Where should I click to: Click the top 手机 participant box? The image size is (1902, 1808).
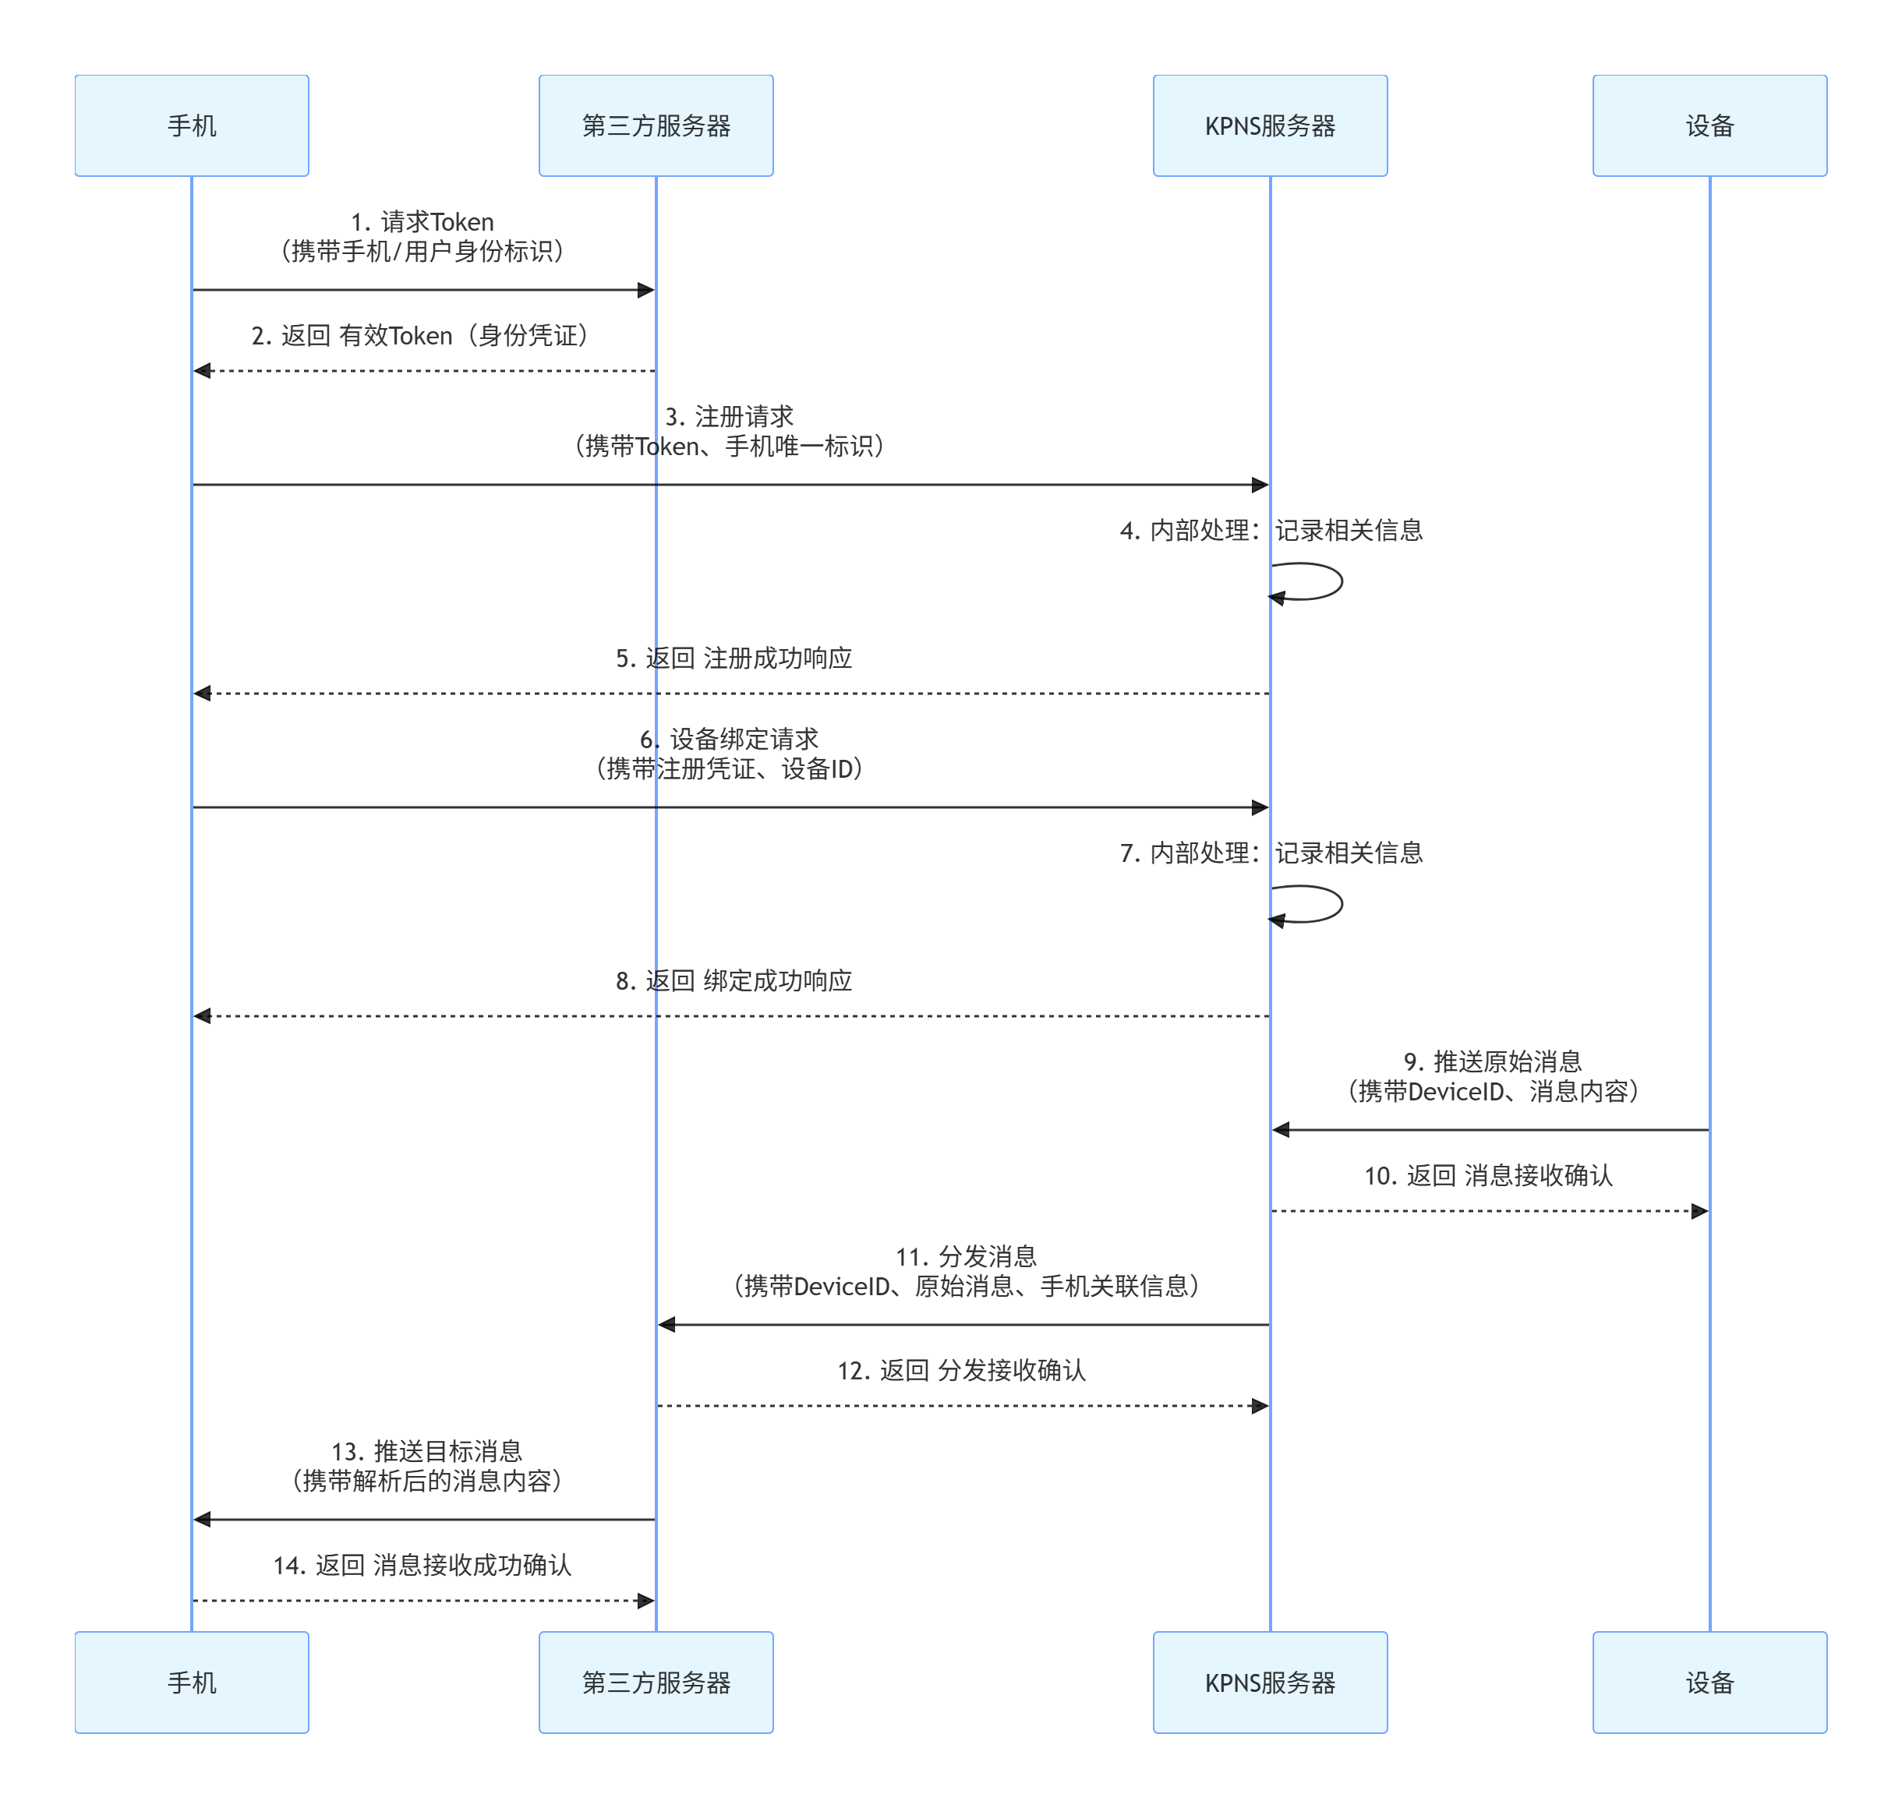192,125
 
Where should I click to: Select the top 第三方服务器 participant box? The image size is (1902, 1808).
656,125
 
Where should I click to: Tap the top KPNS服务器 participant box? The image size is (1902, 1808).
1270,125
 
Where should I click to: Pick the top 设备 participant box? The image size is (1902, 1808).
1709,125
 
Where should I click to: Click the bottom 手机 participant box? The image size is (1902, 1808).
192,1682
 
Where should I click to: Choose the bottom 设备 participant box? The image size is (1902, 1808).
1709,1682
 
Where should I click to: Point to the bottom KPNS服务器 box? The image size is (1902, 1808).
1270,1682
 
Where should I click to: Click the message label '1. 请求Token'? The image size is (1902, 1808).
422,221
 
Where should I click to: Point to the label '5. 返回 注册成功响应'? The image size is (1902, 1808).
734,659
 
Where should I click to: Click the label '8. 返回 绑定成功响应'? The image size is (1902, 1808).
734,981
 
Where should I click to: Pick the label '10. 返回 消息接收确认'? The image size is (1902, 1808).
1488,1176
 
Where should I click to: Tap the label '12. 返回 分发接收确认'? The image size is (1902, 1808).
961,1371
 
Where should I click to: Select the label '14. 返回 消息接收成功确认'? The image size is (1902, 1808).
422,1565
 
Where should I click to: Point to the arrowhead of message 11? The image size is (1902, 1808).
667,1325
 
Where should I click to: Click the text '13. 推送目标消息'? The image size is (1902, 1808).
426,1451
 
